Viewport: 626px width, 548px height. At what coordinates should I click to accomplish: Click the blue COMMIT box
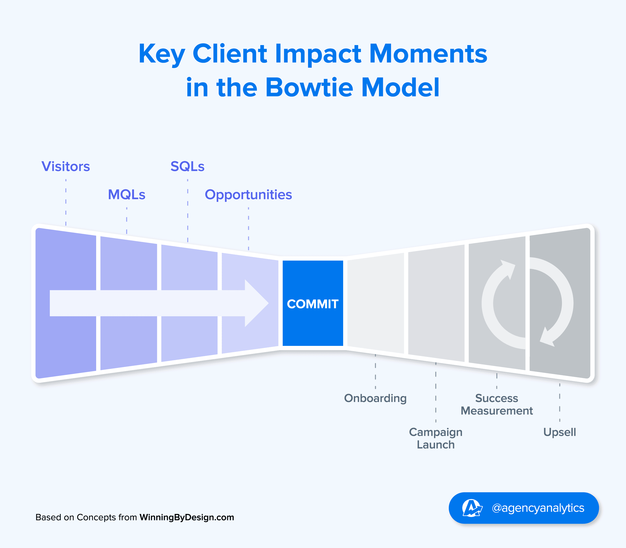312,303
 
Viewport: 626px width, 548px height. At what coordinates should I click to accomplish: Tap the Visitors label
66,167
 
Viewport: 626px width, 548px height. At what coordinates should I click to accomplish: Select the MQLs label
127,195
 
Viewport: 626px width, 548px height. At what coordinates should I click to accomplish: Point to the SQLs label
187,167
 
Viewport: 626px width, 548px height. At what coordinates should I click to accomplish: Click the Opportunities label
248,195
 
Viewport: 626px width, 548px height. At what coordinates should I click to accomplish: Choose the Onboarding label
375,398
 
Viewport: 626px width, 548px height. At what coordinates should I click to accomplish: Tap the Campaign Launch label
436,438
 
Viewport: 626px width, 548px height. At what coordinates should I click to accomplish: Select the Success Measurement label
497,404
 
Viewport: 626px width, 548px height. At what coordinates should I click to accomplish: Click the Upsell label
559,432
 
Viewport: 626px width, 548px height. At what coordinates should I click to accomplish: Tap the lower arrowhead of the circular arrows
547,338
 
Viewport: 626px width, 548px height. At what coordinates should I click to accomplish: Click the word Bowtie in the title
309,87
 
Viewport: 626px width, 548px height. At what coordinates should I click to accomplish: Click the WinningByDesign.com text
187,517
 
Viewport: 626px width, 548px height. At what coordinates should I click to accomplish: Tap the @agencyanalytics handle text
538,508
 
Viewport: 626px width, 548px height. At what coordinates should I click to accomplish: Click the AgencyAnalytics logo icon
472,508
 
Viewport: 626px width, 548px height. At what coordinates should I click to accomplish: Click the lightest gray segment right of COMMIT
375,303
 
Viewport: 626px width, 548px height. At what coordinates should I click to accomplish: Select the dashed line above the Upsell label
560,402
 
